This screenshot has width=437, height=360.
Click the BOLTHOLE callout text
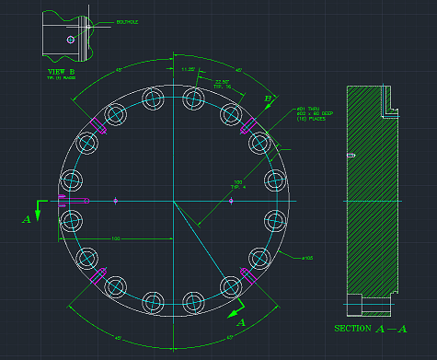click(126, 19)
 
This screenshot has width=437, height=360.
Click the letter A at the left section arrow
click(27, 219)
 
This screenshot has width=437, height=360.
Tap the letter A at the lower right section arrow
click(242, 322)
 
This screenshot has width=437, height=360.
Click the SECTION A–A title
click(372, 329)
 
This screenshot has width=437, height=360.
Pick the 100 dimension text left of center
click(116, 238)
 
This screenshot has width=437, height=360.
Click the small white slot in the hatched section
click(351, 156)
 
